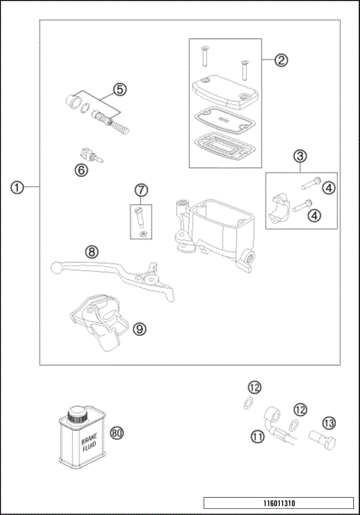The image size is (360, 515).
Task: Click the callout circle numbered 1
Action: coord(17,187)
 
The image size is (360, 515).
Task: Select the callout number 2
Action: coord(280,61)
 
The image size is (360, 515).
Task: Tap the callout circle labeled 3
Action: coord(300,156)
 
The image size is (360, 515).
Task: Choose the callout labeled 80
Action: coord(116,433)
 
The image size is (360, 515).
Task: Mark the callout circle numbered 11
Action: coord(258,436)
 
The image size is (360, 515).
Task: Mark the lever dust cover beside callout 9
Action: coord(97,322)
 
